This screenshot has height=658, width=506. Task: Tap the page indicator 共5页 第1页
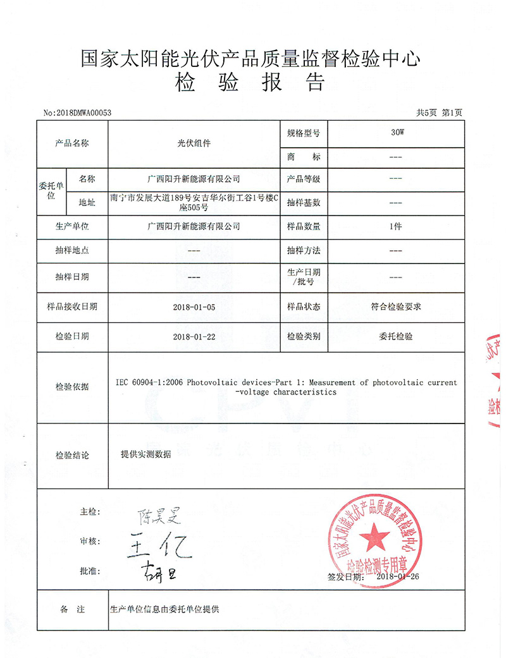tap(439, 113)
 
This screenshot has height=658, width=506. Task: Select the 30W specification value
tap(396, 133)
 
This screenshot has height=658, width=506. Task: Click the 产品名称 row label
tap(72, 143)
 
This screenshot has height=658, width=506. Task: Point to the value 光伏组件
tap(193, 143)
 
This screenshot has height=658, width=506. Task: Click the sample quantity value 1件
tap(396, 226)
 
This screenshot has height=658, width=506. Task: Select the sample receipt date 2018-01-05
tap(194, 307)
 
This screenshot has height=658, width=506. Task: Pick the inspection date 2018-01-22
tap(194, 337)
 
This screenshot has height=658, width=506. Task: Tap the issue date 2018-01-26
tap(398, 576)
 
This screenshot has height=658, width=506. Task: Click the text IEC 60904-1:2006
tap(151, 382)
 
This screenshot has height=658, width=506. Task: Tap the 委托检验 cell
tap(396, 337)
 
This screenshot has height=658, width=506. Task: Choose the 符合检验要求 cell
tap(396, 307)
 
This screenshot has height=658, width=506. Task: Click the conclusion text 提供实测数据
tap(145, 454)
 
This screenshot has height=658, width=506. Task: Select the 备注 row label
tap(72, 609)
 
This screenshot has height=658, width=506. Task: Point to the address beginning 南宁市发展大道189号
tap(194, 202)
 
